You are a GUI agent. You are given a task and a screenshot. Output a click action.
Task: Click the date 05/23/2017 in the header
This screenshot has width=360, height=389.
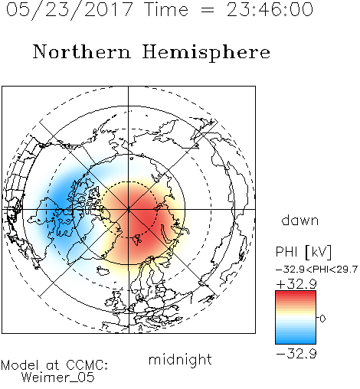click(x=69, y=9)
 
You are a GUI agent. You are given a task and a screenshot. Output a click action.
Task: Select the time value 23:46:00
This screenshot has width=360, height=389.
click(x=270, y=9)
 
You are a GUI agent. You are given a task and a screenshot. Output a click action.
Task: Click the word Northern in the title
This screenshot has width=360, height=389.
click(x=81, y=51)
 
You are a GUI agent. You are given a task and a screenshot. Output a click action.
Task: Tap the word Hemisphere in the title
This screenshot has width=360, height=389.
click(x=206, y=53)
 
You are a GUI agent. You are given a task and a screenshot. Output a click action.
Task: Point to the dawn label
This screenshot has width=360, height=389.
click(x=300, y=221)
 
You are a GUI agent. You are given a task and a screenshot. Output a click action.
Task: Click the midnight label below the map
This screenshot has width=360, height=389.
click(x=180, y=359)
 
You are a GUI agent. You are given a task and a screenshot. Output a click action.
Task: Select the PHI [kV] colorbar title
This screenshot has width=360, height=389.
click(x=303, y=252)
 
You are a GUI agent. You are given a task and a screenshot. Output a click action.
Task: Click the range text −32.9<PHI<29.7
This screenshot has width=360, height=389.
click(x=316, y=270)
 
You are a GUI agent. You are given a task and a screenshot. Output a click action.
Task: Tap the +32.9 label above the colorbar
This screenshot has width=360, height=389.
click(x=296, y=284)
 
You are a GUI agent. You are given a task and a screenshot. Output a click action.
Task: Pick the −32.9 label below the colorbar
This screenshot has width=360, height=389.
click(x=296, y=354)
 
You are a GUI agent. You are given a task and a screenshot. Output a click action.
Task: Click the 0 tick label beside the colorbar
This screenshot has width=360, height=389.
click(x=322, y=319)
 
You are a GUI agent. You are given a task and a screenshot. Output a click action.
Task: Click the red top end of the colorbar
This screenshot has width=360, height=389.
click(x=296, y=293)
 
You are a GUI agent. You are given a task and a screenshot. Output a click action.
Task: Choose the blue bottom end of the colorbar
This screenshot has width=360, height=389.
click(x=296, y=341)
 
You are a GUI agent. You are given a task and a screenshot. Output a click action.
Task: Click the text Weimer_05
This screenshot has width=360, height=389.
click(x=58, y=377)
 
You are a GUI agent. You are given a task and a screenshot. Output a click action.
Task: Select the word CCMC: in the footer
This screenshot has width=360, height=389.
click(x=87, y=365)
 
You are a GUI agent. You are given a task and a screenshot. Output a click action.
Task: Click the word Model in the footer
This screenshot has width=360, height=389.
click(x=20, y=365)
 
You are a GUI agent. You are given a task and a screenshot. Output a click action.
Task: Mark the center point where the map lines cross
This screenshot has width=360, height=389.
click(x=129, y=209)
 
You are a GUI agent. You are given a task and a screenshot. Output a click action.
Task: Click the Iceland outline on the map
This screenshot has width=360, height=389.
click(x=104, y=271)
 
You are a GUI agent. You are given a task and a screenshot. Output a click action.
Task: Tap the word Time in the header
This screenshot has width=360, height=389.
click(x=166, y=9)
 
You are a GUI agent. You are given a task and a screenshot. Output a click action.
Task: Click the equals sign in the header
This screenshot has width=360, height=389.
click(x=208, y=10)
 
